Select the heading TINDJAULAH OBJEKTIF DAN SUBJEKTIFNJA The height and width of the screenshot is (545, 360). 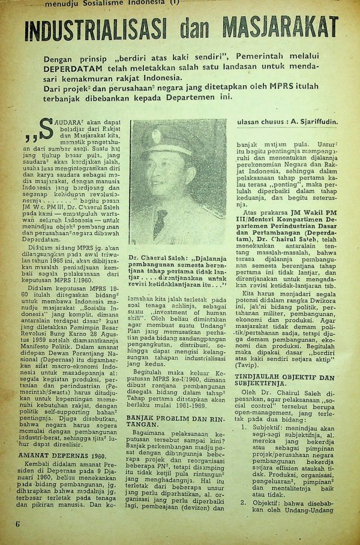284,381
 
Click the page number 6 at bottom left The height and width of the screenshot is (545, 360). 18,523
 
